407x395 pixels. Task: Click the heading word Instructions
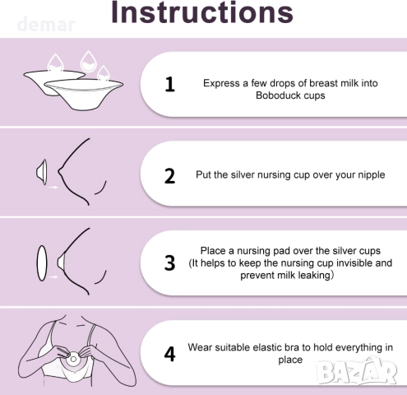(202, 12)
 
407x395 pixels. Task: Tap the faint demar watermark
(46, 24)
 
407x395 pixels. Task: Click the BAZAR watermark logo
(356, 370)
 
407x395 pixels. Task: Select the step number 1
(170, 85)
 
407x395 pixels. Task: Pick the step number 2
(169, 176)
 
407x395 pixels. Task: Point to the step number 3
(169, 263)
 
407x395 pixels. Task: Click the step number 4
(169, 354)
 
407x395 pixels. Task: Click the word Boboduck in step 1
(276, 95)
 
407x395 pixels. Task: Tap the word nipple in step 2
(372, 175)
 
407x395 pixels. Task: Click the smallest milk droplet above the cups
(104, 73)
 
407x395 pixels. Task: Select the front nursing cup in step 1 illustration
(84, 94)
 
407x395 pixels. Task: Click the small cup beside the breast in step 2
(42, 172)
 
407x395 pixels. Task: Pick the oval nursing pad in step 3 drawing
(42, 263)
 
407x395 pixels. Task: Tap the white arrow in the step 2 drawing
(53, 187)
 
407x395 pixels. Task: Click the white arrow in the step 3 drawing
(53, 276)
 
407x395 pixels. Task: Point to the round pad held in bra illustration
(73, 359)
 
